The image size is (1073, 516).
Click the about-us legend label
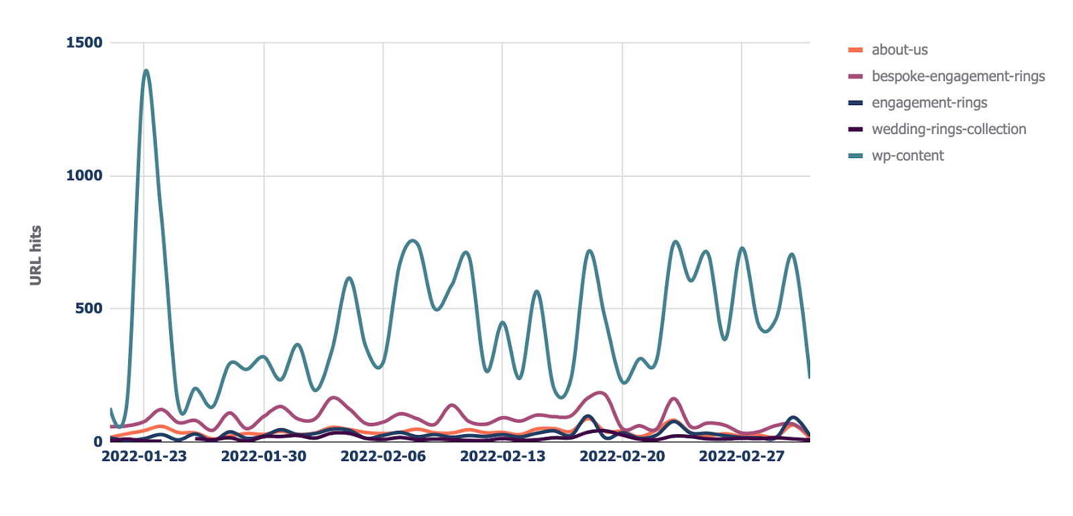[x=899, y=50]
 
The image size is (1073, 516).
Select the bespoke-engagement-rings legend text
[x=958, y=76]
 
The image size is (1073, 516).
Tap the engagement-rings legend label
[x=929, y=103]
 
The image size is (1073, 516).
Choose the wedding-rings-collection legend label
[x=948, y=129]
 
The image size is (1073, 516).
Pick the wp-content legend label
[x=907, y=155]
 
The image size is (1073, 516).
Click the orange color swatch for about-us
[x=855, y=50]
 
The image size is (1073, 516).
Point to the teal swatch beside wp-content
[x=855, y=156]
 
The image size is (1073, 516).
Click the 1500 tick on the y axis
[x=84, y=43]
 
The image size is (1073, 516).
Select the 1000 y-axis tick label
[x=84, y=176]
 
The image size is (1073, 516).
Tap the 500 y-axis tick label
[x=89, y=308]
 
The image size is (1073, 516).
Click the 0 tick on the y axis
[x=98, y=442]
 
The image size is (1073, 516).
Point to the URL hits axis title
[x=36, y=255]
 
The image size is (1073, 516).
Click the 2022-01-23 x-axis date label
[x=144, y=456]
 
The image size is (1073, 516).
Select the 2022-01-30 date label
[x=264, y=456]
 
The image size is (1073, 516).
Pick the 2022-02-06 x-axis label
[x=383, y=456]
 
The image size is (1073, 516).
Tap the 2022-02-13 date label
[x=502, y=456]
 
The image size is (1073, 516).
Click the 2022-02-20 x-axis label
[x=622, y=456]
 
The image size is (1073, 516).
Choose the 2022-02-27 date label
[x=742, y=456]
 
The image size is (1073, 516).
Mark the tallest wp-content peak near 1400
[x=146, y=70]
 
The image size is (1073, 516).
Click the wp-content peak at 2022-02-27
[x=742, y=248]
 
